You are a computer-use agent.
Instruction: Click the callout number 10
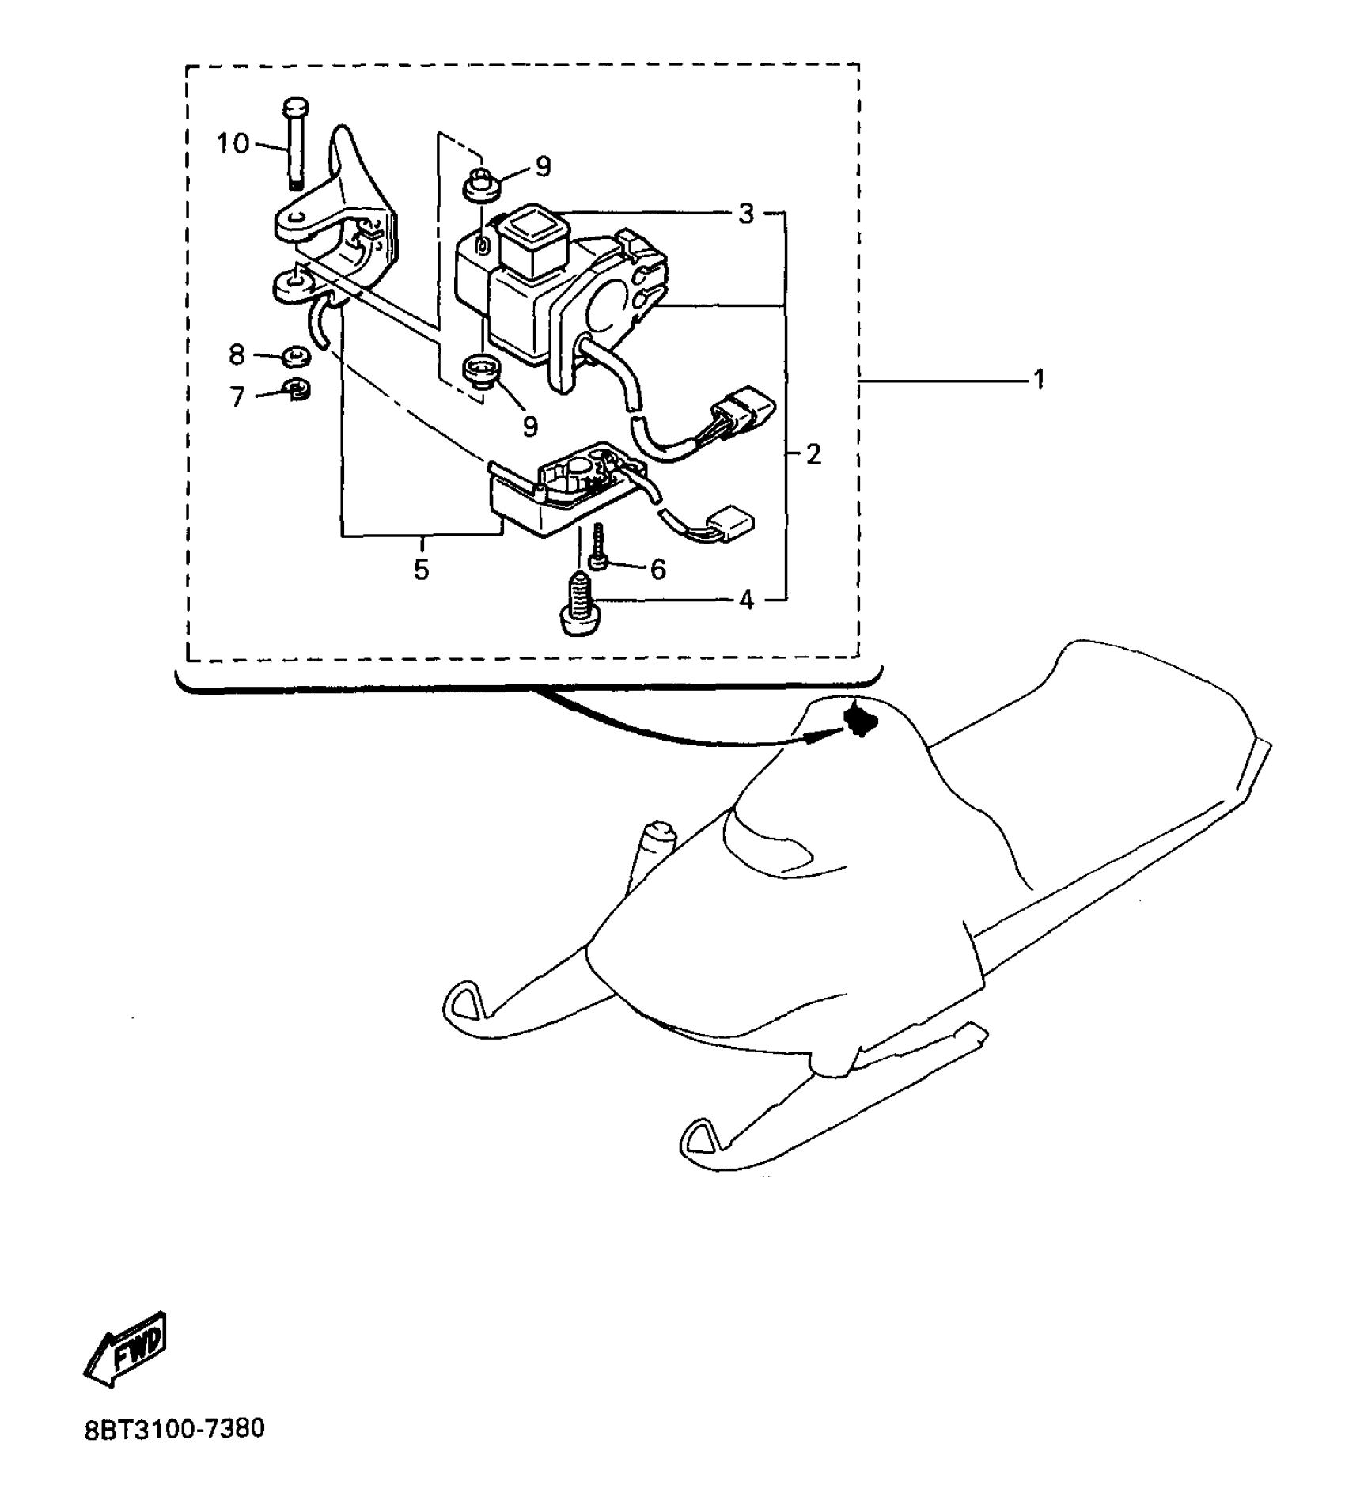tap(233, 144)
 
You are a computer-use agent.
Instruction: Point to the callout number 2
tap(813, 454)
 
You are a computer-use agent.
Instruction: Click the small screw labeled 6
tap(599, 545)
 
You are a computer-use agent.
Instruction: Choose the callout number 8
tap(237, 355)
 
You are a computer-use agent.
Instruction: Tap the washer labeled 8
tap(296, 357)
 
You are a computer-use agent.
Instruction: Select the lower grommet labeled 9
tap(479, 370)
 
